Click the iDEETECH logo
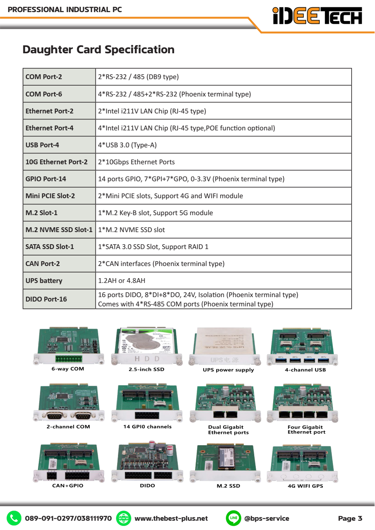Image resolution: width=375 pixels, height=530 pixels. point(317,16)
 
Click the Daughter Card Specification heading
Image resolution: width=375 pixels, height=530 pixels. point(99,50)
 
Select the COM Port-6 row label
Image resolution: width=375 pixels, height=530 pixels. point(44,94)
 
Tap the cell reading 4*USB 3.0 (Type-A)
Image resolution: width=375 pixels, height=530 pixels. point(127,145)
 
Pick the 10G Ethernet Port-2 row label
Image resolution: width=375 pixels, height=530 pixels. point(57,162)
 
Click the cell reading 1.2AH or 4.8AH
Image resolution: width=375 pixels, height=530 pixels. point(122,281)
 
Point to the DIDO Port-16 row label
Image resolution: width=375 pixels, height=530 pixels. point(46,299)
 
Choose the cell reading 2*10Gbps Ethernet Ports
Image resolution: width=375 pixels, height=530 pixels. point(137,162)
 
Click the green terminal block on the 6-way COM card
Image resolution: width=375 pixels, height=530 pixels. point(69,358)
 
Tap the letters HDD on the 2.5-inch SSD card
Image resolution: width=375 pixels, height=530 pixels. point(147,359)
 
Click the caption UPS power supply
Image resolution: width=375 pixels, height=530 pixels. point(228,370)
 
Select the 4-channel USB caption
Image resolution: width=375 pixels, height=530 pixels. point(305,370)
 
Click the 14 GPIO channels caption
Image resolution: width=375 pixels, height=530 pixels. point(147,427)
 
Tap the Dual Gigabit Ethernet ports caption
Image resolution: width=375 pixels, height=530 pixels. point(228,429)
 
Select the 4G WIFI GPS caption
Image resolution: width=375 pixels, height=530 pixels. point(305,486)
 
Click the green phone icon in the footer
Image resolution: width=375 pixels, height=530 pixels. point(14,518)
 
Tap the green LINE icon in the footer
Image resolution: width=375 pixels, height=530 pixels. point(234,518)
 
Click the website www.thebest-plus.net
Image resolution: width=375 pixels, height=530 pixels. point(171,518)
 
